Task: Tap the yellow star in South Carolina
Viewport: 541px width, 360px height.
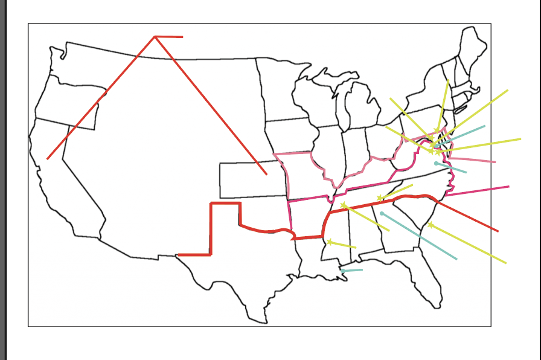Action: [x=431, y=225]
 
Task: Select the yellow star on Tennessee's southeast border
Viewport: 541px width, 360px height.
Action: [x=380, y=198]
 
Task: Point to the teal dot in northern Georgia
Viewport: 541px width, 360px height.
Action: [x=382, y=213]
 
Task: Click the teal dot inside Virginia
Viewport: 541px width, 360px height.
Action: [x=436, y=163]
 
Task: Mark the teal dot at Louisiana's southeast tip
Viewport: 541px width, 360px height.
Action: [x=342, y=271]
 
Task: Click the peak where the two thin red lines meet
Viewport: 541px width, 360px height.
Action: [x=155, y=37]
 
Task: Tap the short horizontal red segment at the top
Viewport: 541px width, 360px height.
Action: [x=170, y=37]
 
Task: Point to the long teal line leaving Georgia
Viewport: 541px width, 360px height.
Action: [x=423, y=239]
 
